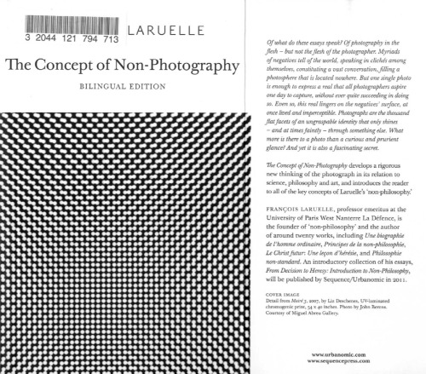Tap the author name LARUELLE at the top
(x=164, y=33)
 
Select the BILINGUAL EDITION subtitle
(x=127, y=88)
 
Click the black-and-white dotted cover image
(x=128, y=239)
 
